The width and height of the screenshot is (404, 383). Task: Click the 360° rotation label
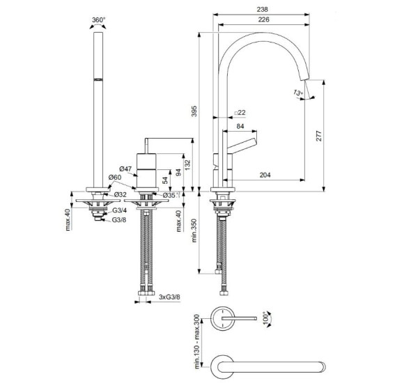click(100, 21)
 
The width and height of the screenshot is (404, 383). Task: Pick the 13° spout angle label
click(298, 93)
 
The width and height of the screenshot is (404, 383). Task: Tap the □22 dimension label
click(240, 112)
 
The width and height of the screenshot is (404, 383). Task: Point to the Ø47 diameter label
click(125, 169)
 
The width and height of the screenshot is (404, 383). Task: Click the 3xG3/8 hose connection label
click(169, 298)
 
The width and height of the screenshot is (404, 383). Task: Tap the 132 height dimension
click(189, 163)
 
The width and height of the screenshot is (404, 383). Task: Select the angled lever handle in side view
click(243, 146)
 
